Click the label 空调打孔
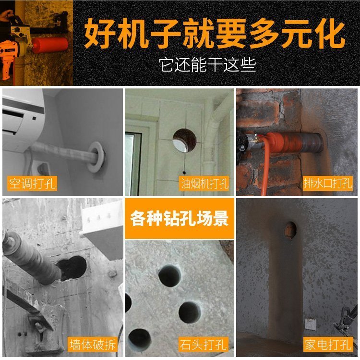click(x=32, y=184)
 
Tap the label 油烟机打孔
click(x=204, y=184)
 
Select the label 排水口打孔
click(x=328, y=183)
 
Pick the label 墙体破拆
click(x=93, y=344)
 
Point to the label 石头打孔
click(x=204, y=344)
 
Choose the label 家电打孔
click(x=328, y=344)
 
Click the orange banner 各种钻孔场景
click(x=180, y=218)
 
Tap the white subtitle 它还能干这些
click(x=207, y=64)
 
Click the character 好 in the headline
click(x=100, y=34)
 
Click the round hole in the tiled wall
click(x=185, y=140)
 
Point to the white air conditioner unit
click(x=23, y=120)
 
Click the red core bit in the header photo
click(x=50, y=45)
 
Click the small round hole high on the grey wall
click(x=290, y=230)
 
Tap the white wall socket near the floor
click(x=311, y=324)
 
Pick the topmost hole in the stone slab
click(x=169, y=276)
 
